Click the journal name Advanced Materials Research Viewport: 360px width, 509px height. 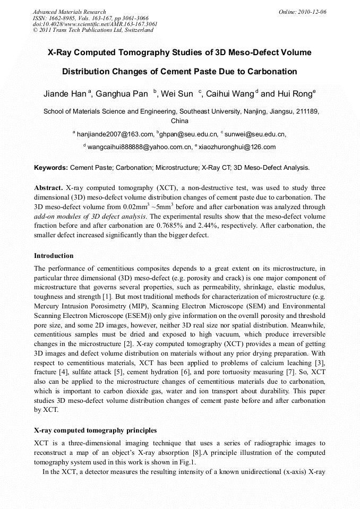tap(69, 12)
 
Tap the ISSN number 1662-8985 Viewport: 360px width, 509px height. tap(62, 18)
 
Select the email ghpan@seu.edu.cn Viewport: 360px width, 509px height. tap(189, 135)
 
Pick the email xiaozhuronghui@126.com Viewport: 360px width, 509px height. tap(237, 147)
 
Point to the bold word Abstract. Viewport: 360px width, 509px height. tap(48, 188)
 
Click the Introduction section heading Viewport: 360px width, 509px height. tap(54, 256)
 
